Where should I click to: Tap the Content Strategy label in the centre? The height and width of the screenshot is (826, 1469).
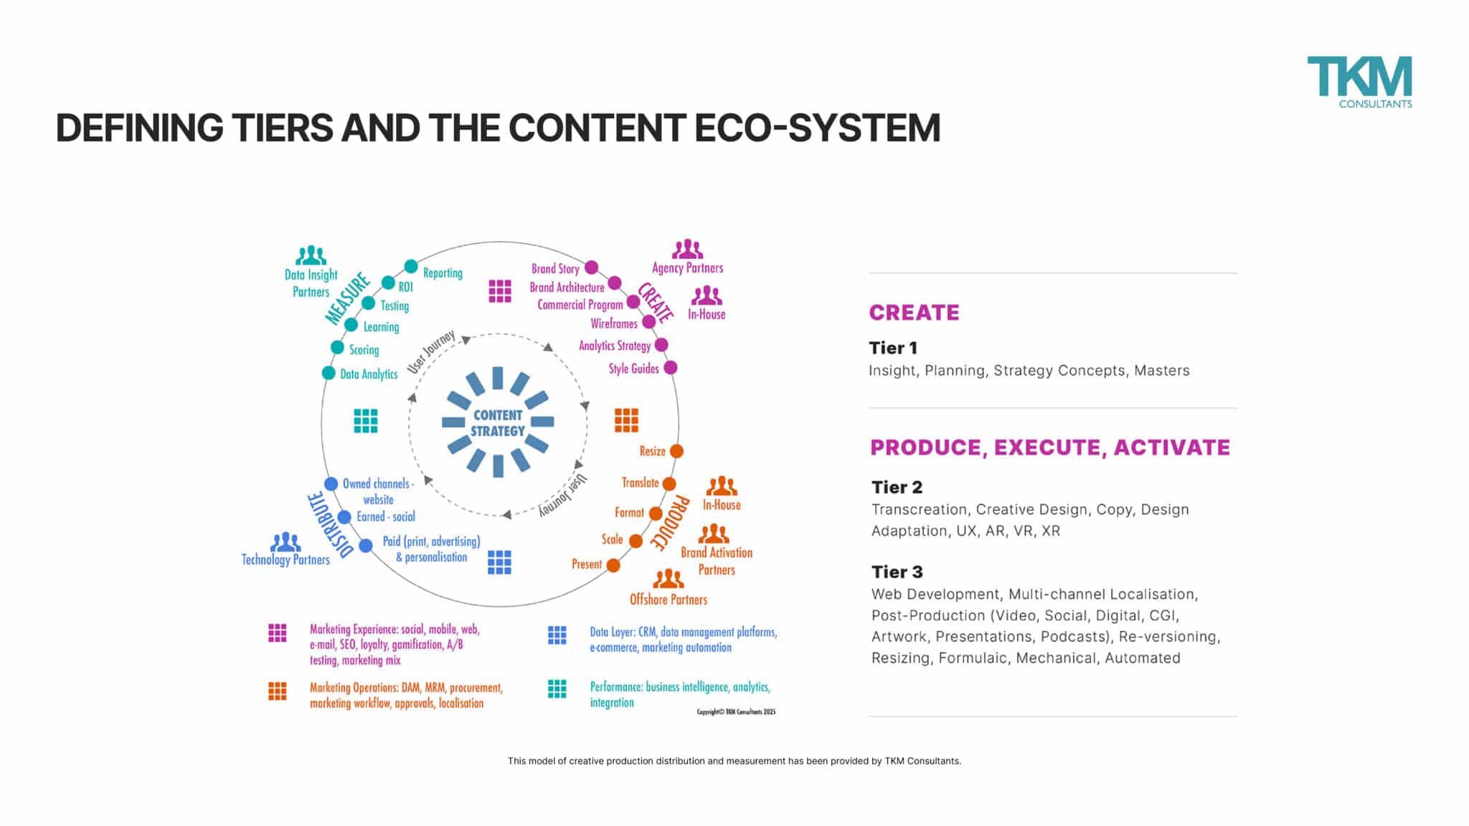click(498, 423)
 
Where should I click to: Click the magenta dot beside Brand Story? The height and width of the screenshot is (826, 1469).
click(591, 267)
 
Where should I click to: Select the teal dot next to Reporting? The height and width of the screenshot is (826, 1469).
click(410, 267)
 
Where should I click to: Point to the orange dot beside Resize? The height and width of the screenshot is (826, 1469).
click(676, 451)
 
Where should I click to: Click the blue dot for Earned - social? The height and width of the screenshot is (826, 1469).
click(344, 517)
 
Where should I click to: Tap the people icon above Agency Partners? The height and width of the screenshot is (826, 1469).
click(687, 250)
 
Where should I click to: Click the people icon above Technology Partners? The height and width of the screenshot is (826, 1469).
click(285, 542)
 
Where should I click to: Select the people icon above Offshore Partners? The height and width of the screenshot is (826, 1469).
click(668, 579)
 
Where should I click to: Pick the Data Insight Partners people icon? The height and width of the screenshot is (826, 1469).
click(311, 255)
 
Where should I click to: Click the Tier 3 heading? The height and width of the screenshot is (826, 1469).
click(897, 572)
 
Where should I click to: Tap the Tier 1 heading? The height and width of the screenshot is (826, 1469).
click(893, 348)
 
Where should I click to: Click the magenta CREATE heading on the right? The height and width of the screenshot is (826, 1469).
click(914, 313)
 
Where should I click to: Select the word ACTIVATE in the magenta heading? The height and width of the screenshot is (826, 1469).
click(1171, 447)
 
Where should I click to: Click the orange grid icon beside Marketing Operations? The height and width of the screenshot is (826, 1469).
click(278, 691)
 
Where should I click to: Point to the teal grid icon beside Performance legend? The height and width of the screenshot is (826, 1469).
click(557, 689)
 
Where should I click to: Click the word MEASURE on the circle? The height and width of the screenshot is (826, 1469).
click(347, 299)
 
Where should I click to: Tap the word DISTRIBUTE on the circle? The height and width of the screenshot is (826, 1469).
click(329, 525)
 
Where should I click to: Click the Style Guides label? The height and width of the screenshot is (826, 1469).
click(633, 369)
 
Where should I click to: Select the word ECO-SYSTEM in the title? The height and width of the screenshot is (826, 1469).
click(817, 128)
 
